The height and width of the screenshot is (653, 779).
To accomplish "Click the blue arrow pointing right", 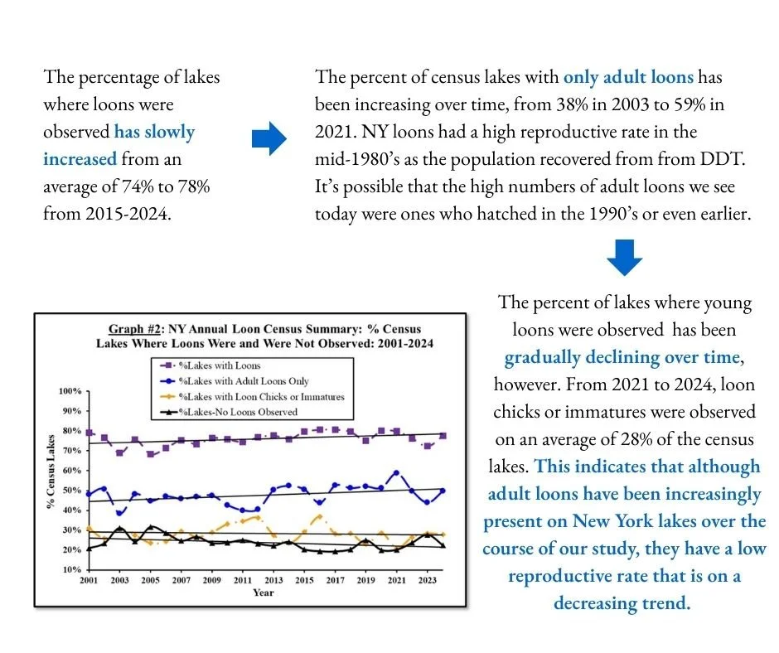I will (268, 140).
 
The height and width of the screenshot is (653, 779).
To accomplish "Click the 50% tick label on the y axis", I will (70, 491).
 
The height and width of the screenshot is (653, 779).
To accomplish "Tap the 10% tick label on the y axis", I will (70, 570).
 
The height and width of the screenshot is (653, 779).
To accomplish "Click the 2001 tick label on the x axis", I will (89, 581).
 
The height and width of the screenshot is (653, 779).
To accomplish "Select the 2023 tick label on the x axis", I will (428, 581).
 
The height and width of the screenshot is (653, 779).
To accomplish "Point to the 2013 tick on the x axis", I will (273, 581).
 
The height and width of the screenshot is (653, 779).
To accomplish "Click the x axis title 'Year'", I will (264, 593).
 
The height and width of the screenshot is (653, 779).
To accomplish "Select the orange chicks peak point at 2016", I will (320, 516).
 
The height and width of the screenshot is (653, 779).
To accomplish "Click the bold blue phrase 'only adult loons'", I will (628, 78).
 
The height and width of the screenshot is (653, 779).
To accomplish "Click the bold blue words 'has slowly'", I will (154, 132).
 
